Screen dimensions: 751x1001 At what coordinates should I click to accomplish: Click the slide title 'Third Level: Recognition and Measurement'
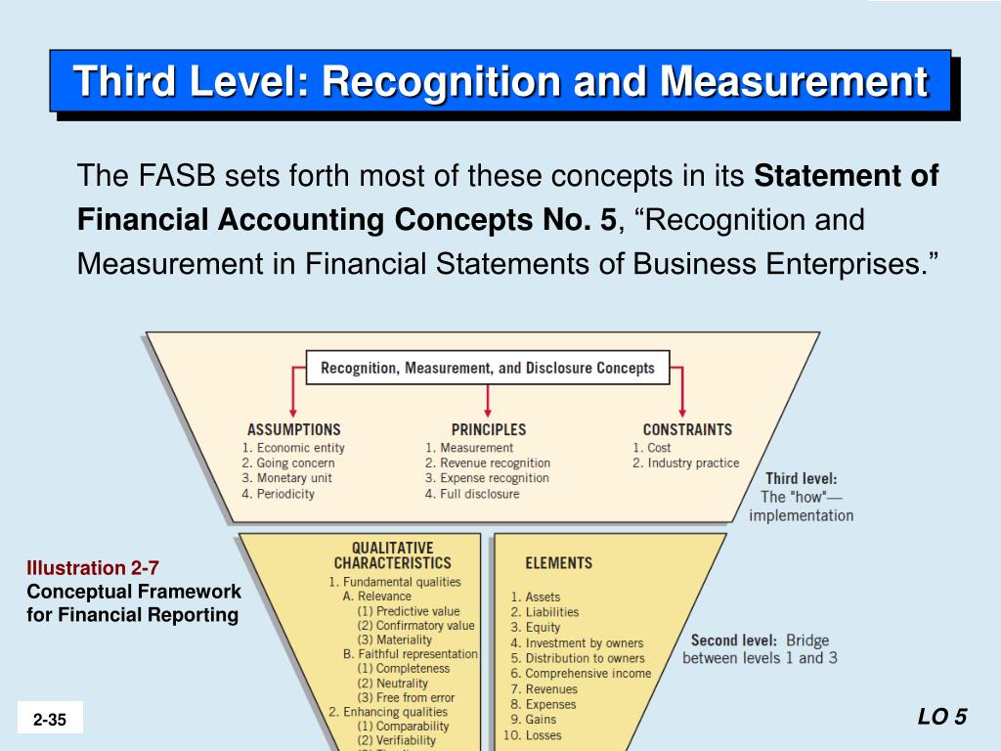[500, 81]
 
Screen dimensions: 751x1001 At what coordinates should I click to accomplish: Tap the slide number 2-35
[50, 720]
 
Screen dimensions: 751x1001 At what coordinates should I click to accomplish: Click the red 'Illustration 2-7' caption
[93, 567]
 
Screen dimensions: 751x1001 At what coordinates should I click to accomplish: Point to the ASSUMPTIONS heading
[294, 429]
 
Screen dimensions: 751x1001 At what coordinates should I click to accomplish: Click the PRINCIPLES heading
[489, 429]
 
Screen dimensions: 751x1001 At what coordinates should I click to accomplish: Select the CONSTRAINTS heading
[687, 429]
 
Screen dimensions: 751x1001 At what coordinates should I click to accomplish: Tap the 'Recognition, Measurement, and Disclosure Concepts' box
[488, 369]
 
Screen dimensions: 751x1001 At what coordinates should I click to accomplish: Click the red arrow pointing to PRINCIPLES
[488, 401]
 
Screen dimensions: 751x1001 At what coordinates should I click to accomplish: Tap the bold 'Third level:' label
[801, 479]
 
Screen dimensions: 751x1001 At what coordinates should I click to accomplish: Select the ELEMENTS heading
[559, 563]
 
